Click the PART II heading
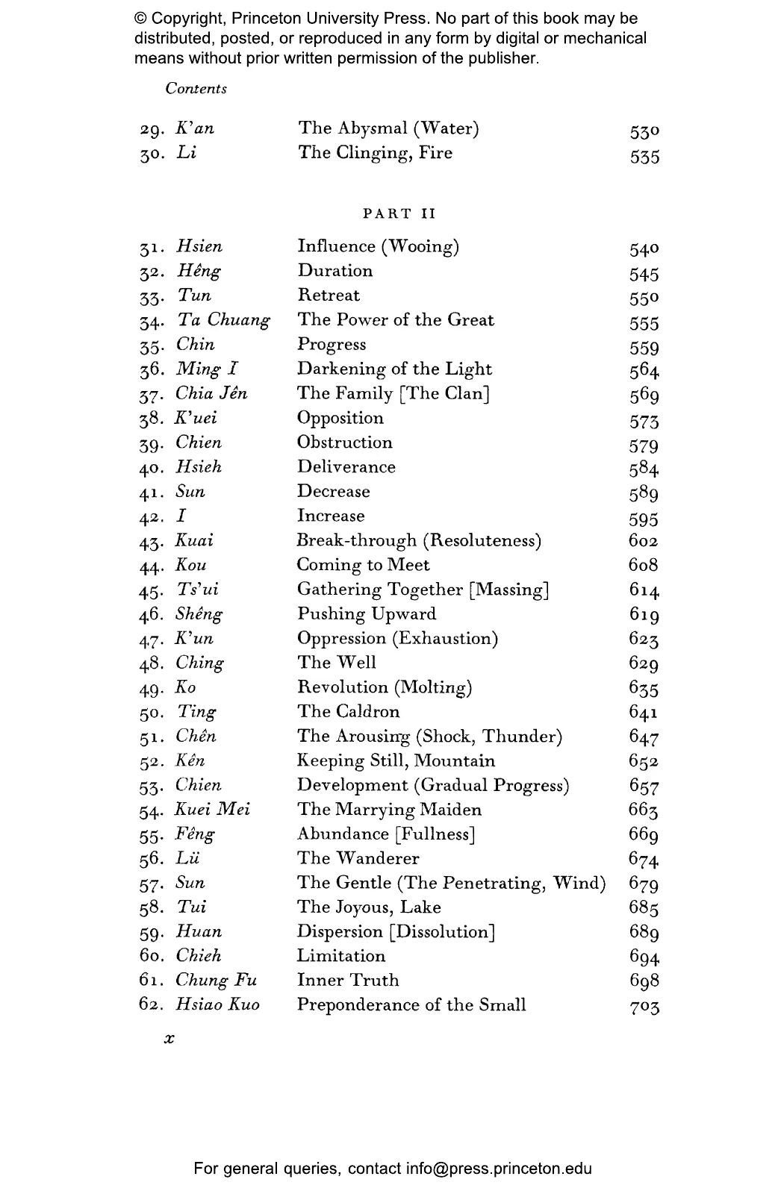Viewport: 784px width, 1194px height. tap(399, 214)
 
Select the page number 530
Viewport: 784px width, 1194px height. tap(644, 132)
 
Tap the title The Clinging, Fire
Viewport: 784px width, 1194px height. tap(375, 153)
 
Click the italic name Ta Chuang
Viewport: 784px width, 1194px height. tap(224, 320)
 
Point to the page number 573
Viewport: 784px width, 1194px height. tap(644, 422)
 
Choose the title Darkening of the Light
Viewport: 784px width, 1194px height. tap(394, 369)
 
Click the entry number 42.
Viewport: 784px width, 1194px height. tap(151, 517)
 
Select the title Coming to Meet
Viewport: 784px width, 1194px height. tap(363, 565)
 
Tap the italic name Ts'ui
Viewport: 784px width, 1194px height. tap(198, 590)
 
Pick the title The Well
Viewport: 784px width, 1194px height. tap(337, 663)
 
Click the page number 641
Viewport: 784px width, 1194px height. tap(644, 713)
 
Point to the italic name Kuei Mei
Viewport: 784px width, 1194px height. tap(213, 810)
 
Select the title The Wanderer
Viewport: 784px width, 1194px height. tap(358, 858)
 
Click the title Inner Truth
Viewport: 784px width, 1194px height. tap(348, 981)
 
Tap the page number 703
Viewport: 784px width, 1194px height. tap(644, 1007)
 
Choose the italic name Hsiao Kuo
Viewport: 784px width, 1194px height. tap(218, 1005)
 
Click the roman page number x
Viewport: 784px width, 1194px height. tap(169, 1039)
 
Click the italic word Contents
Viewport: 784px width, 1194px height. tap(196, 89)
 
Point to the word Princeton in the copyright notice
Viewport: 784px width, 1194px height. tap(279, 19)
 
